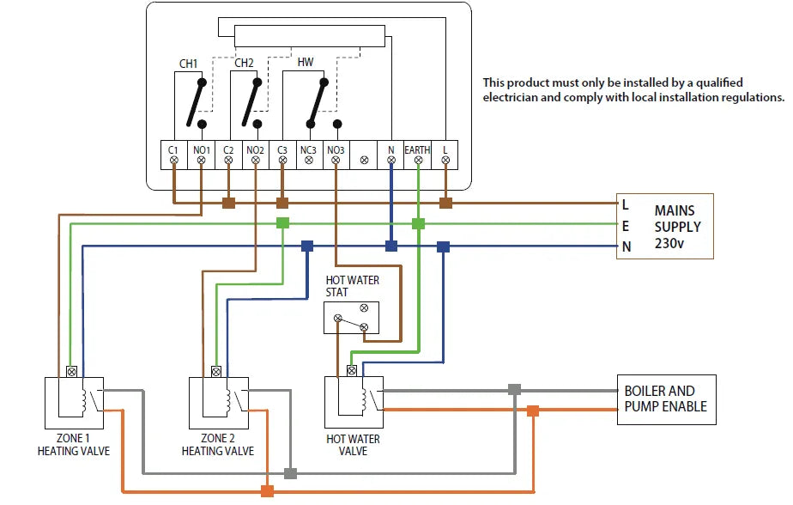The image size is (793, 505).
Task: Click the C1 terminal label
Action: point(174,150)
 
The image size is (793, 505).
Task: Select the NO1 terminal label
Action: point(201,150)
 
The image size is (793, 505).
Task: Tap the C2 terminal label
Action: point(228,150)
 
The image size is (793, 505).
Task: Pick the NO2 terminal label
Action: point(255,150)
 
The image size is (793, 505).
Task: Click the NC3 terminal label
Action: point(309,150)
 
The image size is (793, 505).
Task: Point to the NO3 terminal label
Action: point(336,150)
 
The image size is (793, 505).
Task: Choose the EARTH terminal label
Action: point(418,150)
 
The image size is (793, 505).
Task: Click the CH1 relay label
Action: point(188,64)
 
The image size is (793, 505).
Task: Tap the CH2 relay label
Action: point(244,63)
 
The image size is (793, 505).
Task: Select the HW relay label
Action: point(306,63)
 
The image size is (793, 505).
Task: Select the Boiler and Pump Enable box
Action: point(665,399)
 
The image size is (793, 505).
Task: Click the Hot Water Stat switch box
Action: point(351,318)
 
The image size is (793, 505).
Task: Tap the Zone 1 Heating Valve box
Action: point(74,403)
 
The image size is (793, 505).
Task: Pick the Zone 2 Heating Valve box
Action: point(218,403)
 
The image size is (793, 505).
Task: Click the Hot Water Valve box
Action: point(354,403)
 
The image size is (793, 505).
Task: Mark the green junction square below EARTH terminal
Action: point(418,223)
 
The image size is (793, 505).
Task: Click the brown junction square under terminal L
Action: point(445,204)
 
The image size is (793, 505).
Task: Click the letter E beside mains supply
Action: point(626,227)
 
